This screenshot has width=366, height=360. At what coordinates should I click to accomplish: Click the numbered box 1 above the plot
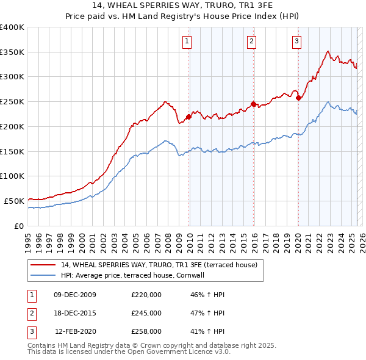click(186, 41)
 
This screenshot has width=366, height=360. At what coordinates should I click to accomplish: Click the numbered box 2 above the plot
click(251, 41)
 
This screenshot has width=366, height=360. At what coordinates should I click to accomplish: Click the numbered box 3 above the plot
click(296, 41)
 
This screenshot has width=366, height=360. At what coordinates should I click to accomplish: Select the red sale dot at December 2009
click(188, 117)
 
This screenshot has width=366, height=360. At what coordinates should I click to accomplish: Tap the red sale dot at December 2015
click(254, 104)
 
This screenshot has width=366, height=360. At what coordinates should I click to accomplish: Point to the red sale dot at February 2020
click(298, 98)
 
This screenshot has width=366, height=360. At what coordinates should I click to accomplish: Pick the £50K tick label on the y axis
click(15, 201)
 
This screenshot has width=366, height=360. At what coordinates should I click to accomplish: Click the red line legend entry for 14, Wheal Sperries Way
click(159, 265)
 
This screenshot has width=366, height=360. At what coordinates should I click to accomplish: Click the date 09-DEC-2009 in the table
click(75, 295)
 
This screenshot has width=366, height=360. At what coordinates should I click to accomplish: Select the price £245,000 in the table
click(146, 313)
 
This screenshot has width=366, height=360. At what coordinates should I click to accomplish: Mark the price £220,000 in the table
click(146, 295)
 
